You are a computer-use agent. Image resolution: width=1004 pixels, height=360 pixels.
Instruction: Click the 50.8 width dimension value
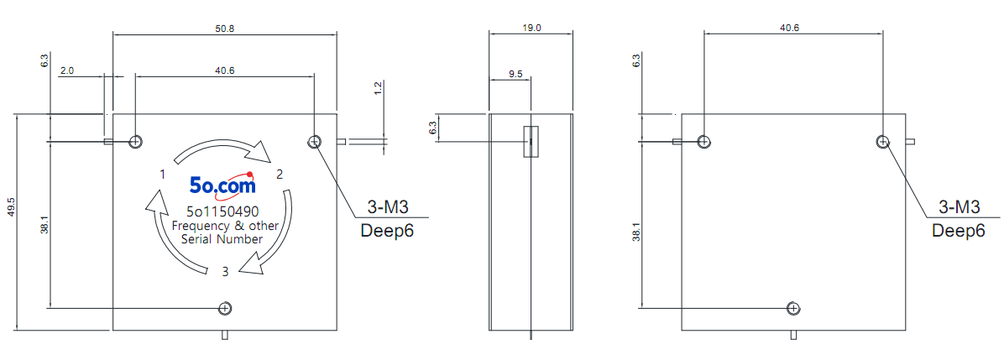pyautogui.click(x=224, y=29)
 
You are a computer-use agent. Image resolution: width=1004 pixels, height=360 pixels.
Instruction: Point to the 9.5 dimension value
pyautogui.click(x=515, y=75)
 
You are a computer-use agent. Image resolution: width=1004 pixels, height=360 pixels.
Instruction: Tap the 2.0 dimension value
pyautogui.click(x=67, y=71)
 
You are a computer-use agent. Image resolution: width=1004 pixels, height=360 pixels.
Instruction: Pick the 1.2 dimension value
pyautogui.click(x=378, y=88)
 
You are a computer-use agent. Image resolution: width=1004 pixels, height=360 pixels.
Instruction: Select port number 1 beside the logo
pyautogui.click(x=164, y=175)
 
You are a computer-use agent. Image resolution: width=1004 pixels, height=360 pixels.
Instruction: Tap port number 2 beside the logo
pyautogui.click(x=280, y=175)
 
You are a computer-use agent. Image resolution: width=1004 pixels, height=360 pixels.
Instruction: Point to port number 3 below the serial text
pyautogui.click(x=225, y=272)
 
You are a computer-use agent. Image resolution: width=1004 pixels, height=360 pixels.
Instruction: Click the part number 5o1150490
pyautogui.click(x=222, y=211)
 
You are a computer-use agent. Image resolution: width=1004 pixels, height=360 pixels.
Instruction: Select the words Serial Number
pyautogui.click(x=222, y=239)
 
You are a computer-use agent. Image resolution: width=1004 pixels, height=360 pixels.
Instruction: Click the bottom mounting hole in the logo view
pyautogui.click(x=225, y=308)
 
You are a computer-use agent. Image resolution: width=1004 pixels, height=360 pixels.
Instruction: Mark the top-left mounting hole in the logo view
pyautogui.click(x=136, y=141)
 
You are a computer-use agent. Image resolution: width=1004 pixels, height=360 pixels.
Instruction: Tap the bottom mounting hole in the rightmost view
pyautogui.click(x=793, y=308)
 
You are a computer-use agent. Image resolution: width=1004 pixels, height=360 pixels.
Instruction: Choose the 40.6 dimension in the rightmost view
pyautogui.click(x=789, y=29)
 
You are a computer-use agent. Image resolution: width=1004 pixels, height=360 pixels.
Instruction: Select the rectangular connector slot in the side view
pyautogui.click(x=531, y=141)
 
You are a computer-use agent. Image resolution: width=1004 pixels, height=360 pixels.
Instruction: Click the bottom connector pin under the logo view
pyautogui.click(x=225, y=334)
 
